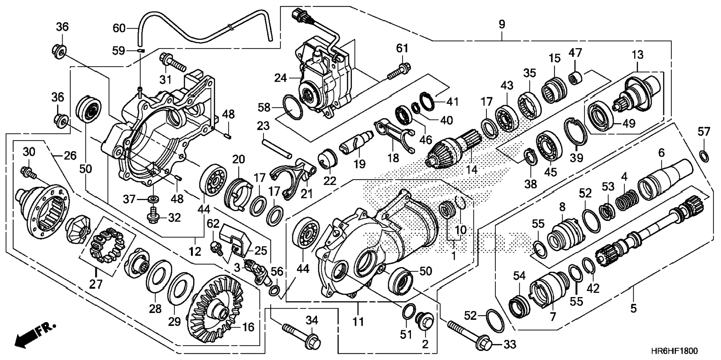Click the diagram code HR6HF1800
pos(674,351)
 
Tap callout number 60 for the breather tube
pos(120,28)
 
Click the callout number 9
pos(502,25)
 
